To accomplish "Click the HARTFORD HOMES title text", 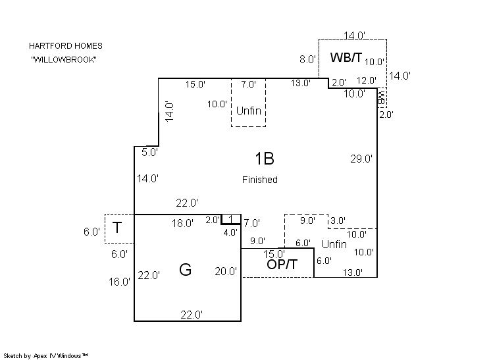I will click(x=65, y=46).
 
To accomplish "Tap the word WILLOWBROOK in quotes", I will click(x=65, y=59).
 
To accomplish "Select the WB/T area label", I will click(x=346, y=57).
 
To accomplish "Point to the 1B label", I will click(x=264, y=158).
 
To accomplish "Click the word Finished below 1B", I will click(x=259, y=180).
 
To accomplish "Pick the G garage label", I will click(x=185, y=269).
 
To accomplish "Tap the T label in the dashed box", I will click(x=117, y=228).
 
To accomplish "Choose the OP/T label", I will click(x=282, y=265).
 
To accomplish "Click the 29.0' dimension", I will click(x=361, y=159).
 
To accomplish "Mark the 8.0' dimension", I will click(x=307, y=59).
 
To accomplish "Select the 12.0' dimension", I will click(x=366, y=81).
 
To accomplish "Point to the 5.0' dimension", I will click(x=150, y=152).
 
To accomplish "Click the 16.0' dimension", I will click(x=120, y=282).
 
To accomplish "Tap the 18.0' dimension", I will click(x=182, y=224).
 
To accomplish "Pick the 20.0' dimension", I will click(x=226, y=271).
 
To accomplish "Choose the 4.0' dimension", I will click(x=230, y=232).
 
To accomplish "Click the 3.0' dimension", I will click(x=338, y=220).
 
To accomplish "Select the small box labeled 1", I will click(x=230, y=219).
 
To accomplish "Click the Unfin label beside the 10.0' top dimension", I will click(x=249, y=111).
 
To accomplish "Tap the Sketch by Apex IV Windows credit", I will click(x=46, y=355).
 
